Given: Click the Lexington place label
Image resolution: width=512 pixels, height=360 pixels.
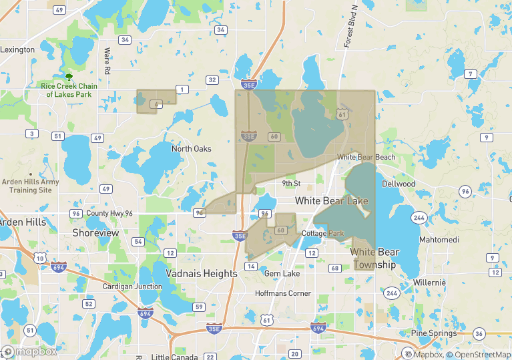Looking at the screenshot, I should [17, 49].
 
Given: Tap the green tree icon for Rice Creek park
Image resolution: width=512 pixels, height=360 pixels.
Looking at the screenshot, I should [69, 77].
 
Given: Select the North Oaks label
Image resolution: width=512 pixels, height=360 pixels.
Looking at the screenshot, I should [191, 148].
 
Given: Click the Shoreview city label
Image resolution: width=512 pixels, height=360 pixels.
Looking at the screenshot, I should [95, 233].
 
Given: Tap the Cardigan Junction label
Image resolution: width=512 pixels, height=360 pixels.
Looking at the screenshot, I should [132, 287].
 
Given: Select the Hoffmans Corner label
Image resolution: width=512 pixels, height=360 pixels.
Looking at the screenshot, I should [283, 293].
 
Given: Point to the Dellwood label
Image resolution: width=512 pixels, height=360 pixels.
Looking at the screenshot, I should [399, 184].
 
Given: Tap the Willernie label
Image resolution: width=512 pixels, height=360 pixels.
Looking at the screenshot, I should [429, 283].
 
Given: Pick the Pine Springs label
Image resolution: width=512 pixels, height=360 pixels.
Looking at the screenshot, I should [434, 333].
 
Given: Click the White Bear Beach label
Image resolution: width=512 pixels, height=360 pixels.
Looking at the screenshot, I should [366, 157].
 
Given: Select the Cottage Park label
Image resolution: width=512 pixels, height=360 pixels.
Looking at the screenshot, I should [323, 233].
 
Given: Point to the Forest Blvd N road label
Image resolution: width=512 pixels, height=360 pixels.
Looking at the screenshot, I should [350, 27].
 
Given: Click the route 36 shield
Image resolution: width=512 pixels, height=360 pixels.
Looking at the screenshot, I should [479, 333].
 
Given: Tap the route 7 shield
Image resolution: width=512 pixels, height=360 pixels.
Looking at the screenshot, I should [471, 73].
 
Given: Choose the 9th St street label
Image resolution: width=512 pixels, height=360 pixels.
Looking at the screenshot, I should [292, 183].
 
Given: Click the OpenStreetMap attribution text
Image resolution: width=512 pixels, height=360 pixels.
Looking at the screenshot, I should [479, 354].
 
